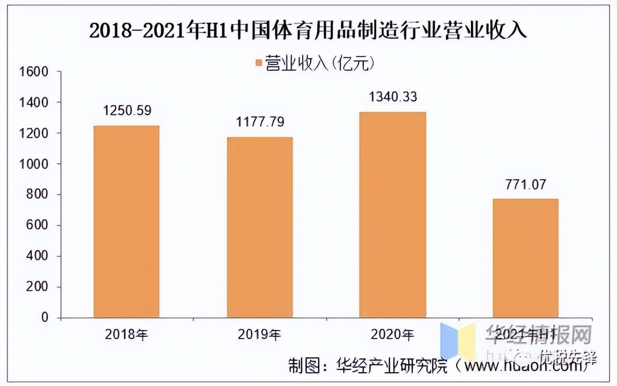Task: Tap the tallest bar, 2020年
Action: click(392, 215)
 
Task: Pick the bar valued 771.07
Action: click(525, 258)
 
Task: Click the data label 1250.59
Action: click(127, 111)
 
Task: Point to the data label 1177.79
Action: click(260, 122)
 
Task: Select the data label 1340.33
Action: click(393, 97)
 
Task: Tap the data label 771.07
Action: click(525, 184)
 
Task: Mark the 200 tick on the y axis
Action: click(35, 287)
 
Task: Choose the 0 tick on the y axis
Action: click(43, 317)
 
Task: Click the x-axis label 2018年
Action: click(127, 334)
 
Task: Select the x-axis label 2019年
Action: click(259, 334)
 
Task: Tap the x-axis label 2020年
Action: click(392, 334)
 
